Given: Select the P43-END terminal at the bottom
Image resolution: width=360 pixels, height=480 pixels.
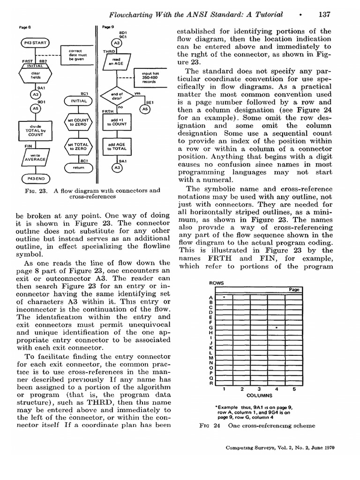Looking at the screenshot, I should click(x=34, y=179).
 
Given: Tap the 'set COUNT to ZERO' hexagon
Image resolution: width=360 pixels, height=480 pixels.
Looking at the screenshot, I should click(x=78, y=123).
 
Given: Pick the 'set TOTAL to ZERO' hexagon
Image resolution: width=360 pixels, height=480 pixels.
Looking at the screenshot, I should click(x=78, y=146).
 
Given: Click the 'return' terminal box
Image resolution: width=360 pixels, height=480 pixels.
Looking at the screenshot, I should click(x=78, y=167).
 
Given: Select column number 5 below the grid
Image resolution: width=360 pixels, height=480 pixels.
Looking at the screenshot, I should click(x=294, y=389).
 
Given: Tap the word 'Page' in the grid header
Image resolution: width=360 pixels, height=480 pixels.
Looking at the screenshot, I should click(x=294, y=290).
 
